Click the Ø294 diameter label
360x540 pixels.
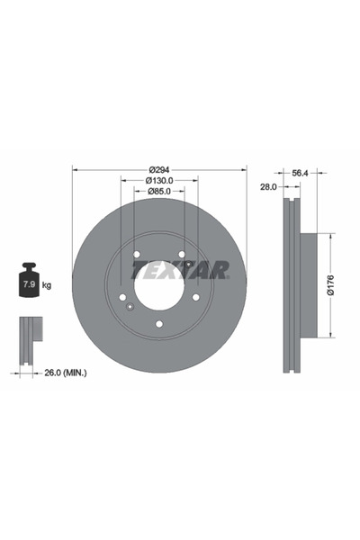point(159,169)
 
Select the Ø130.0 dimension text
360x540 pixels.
point(159,181)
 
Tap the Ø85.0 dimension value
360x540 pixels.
point(159,192)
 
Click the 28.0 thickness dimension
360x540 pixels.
point(266,187)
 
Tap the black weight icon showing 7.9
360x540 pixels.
point(29,283)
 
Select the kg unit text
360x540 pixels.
point(47,285)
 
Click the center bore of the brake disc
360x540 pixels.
point(159,286)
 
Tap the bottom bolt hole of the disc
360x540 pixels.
point(159,323)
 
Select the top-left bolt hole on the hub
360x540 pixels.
point(137,256)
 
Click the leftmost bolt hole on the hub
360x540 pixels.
point(123,297)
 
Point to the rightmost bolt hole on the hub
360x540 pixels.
point(195,297)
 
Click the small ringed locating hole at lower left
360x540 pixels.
point(130,309)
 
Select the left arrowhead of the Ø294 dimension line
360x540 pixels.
point(75,169)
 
